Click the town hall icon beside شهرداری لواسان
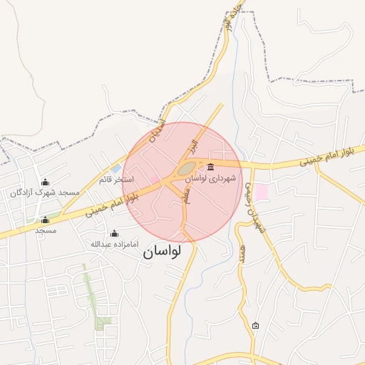click(x=210, y=168)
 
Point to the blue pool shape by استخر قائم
click(x=116, y=169)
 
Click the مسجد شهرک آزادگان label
click(x=44, y=192)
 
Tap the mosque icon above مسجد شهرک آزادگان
click(x=46, y=182)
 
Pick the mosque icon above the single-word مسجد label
click(x=46, y=220)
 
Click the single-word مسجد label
click(x=46, y=230)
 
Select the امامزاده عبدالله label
click(x=114, y=244)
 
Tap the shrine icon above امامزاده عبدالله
click(x=114, y=233)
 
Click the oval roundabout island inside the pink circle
click(x=187, y=170)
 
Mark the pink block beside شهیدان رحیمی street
click(x=262, y=191)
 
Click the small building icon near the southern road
click(x=256, y=326)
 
